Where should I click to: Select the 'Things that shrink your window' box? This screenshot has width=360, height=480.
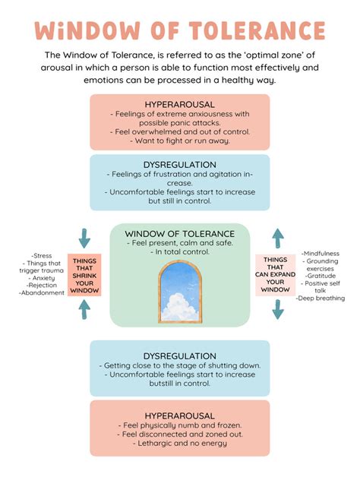(84, 275)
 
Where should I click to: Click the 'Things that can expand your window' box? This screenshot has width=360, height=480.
(276, 275)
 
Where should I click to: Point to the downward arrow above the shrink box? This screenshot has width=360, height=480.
(84, 237)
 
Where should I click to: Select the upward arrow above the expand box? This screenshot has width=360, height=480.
(278, 236)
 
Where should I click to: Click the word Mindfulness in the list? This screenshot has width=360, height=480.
(321, 253)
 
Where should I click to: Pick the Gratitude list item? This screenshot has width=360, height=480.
(320, 276)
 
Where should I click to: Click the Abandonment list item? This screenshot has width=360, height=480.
(43, 293)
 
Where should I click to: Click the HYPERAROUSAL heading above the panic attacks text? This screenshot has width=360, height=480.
(179, 103)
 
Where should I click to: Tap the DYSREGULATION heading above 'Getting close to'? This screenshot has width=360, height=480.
(179, 355)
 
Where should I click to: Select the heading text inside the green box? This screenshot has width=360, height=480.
(179, 233)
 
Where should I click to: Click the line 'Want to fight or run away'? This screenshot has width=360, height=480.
(179, 141)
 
